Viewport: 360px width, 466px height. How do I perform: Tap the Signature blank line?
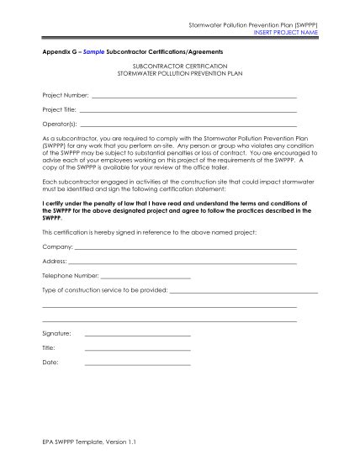click(x=137, y=335)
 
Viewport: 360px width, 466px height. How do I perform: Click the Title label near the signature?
click(x=48, y=347)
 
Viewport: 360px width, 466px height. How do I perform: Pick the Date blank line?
click(x=137, y=363)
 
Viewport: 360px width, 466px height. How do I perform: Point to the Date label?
click(x=50, y=363)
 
